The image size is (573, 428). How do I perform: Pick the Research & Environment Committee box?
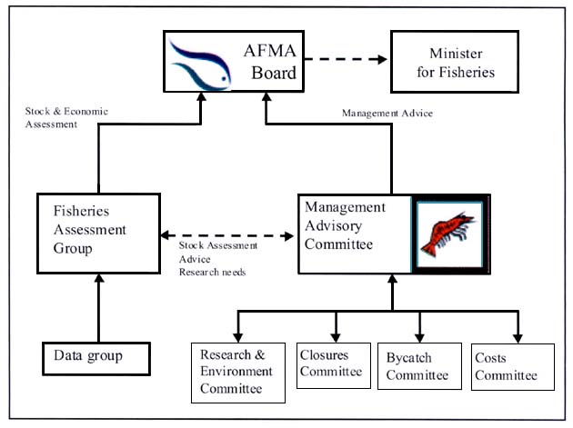tap(236, 370)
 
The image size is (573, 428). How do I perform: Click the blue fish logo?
tap(201, 61)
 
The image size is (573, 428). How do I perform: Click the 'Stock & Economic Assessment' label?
tap(66, 118)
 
